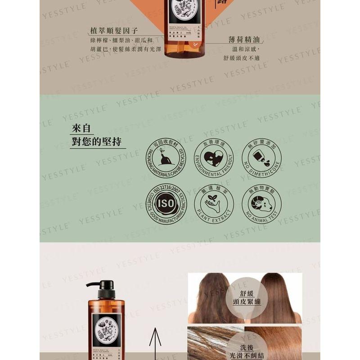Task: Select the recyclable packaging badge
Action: pyautogui.click(x=166, y=158)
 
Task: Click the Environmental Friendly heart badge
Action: pyautogui.click(x=214, y=158)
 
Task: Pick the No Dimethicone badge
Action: pyautogui.click(x=261, y=158)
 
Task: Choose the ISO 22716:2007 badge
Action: pyautogui.click(x=166, y=204)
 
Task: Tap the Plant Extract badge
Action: pyautogui.click(x=214, y=204)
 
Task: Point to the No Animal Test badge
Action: pyautogui.click(x=261, y=204)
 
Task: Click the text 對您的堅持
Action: pyautogui.click(x=96, y=142)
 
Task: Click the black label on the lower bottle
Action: pyautogui.click(x=106, y=333)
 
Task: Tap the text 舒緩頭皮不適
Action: pyautogui.click(x=241, y=58)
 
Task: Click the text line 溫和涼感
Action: pyautogui.click(x=246, y=49)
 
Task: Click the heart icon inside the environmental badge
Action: pyautogui.click(x=214, y=157)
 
